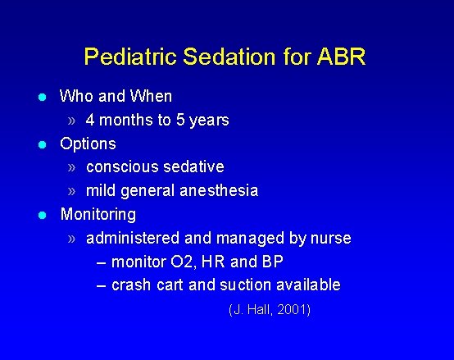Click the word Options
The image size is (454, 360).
(89, 144)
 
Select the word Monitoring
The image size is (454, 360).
(98, 215)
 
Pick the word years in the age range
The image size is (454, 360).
(208, 121)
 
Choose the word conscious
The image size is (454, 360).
(120, 167)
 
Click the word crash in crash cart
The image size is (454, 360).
(129, 285)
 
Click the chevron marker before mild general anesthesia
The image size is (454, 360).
(73, 191)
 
